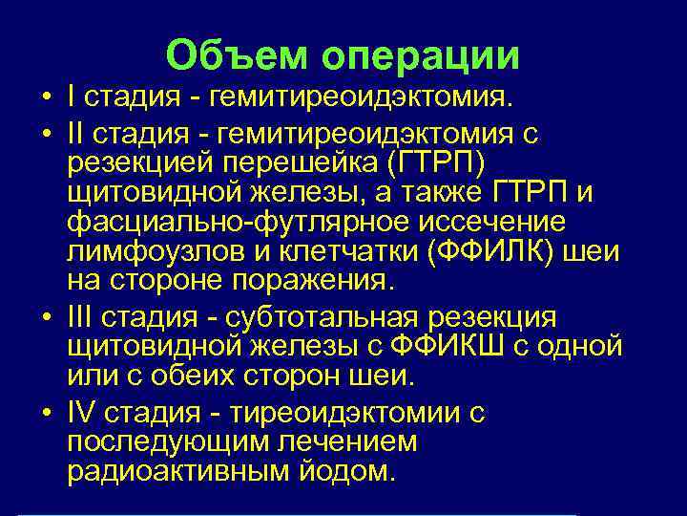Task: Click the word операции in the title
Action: (421, 56)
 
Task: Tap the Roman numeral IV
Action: (84, 413)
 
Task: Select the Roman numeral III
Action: (84, 317)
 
